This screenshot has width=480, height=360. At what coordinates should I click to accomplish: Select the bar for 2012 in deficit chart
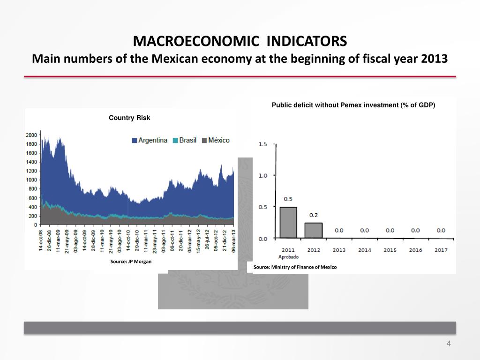tap(314, 230)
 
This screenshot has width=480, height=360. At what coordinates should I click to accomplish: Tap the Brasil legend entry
tap(185, 140)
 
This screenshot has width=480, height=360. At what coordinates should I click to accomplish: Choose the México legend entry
tap(216, 140)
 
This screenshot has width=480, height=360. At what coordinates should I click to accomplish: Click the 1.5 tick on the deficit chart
tap(263, 144)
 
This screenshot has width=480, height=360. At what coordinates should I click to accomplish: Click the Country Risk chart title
tap(129, 118)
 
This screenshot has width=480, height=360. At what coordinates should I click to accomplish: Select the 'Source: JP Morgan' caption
tap(131, 262)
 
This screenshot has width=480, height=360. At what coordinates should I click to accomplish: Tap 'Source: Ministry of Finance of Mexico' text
tap(295, 267)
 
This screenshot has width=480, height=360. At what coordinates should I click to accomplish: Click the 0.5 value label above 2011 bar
tap(288, 199)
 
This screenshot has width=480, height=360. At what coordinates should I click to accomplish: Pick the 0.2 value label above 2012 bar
tap(314, 215)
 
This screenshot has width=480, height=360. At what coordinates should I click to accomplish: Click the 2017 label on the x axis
tap(441, 250)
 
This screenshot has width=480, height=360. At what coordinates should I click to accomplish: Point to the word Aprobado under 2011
tap(288, 257)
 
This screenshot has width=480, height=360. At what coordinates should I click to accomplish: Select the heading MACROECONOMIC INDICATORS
tap(240, 42)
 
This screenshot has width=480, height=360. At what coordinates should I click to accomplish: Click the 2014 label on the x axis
tap(364, 250)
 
